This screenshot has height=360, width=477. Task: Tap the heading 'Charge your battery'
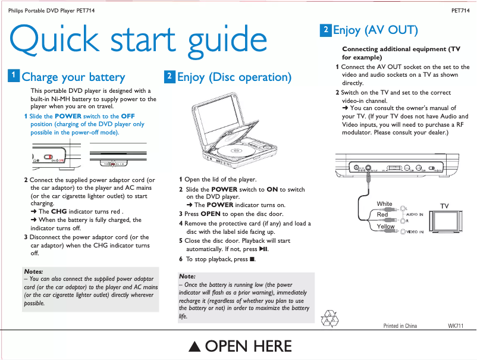[x=73, y=77]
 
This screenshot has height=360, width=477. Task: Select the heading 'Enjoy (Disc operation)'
[x=234, y=77]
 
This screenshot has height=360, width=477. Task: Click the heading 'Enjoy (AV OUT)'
[x=375, y=30]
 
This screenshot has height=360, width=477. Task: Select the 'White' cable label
[x=384, y=204]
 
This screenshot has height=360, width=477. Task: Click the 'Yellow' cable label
[x=385, y=227]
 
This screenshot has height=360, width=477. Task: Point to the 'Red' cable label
[x=382, y=214]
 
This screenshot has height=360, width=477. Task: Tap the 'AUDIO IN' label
[x=415, y=214]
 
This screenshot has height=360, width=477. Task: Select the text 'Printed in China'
[x=400, y=326]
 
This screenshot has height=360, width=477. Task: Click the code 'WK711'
[x=455, y=326]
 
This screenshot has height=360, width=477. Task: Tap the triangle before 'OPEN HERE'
[x=194, y=347]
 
